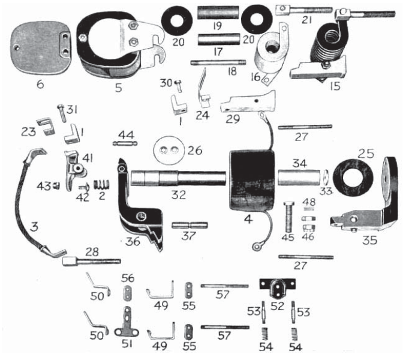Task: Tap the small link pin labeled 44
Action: click(122, 143)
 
